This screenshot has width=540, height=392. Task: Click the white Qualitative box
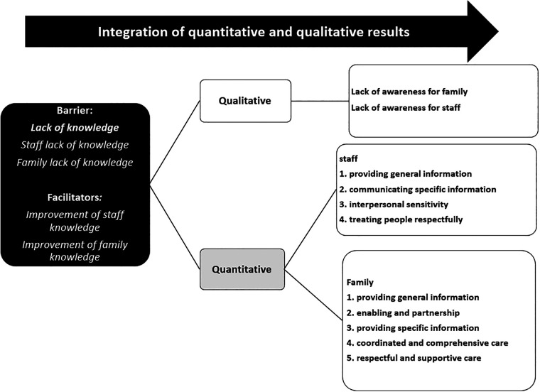click(x=245, y=101)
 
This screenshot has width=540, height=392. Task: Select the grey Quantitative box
click(x=242, y=269)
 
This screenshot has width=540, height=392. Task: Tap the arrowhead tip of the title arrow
click(x=498, y=31)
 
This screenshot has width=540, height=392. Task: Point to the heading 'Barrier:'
click(x=75, y=111)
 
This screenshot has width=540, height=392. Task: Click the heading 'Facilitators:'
click(x=75, y=197)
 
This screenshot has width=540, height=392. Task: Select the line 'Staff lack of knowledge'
click(x=75, y=145)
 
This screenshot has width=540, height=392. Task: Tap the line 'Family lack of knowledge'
click(x=75, y=163)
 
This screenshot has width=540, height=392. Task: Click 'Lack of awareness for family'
click(x=409, y=92)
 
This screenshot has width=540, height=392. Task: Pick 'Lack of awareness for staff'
click(x=406, y=108)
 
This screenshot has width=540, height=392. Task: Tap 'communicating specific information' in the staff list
click(x=423, y=190)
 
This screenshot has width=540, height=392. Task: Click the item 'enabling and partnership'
click(x=408, y=313)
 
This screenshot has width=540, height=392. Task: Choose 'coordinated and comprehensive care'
click(x=432, y=343)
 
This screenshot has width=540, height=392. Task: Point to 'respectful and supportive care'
click(x=418, y=359)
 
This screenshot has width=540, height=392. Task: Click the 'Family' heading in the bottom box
click(x=360, y=282)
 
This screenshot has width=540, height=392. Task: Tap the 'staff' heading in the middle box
click(x=348, y=158)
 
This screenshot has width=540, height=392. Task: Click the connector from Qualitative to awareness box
click(x=320, y=101)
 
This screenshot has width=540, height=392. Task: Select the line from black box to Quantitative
click(x=175, y=227)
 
